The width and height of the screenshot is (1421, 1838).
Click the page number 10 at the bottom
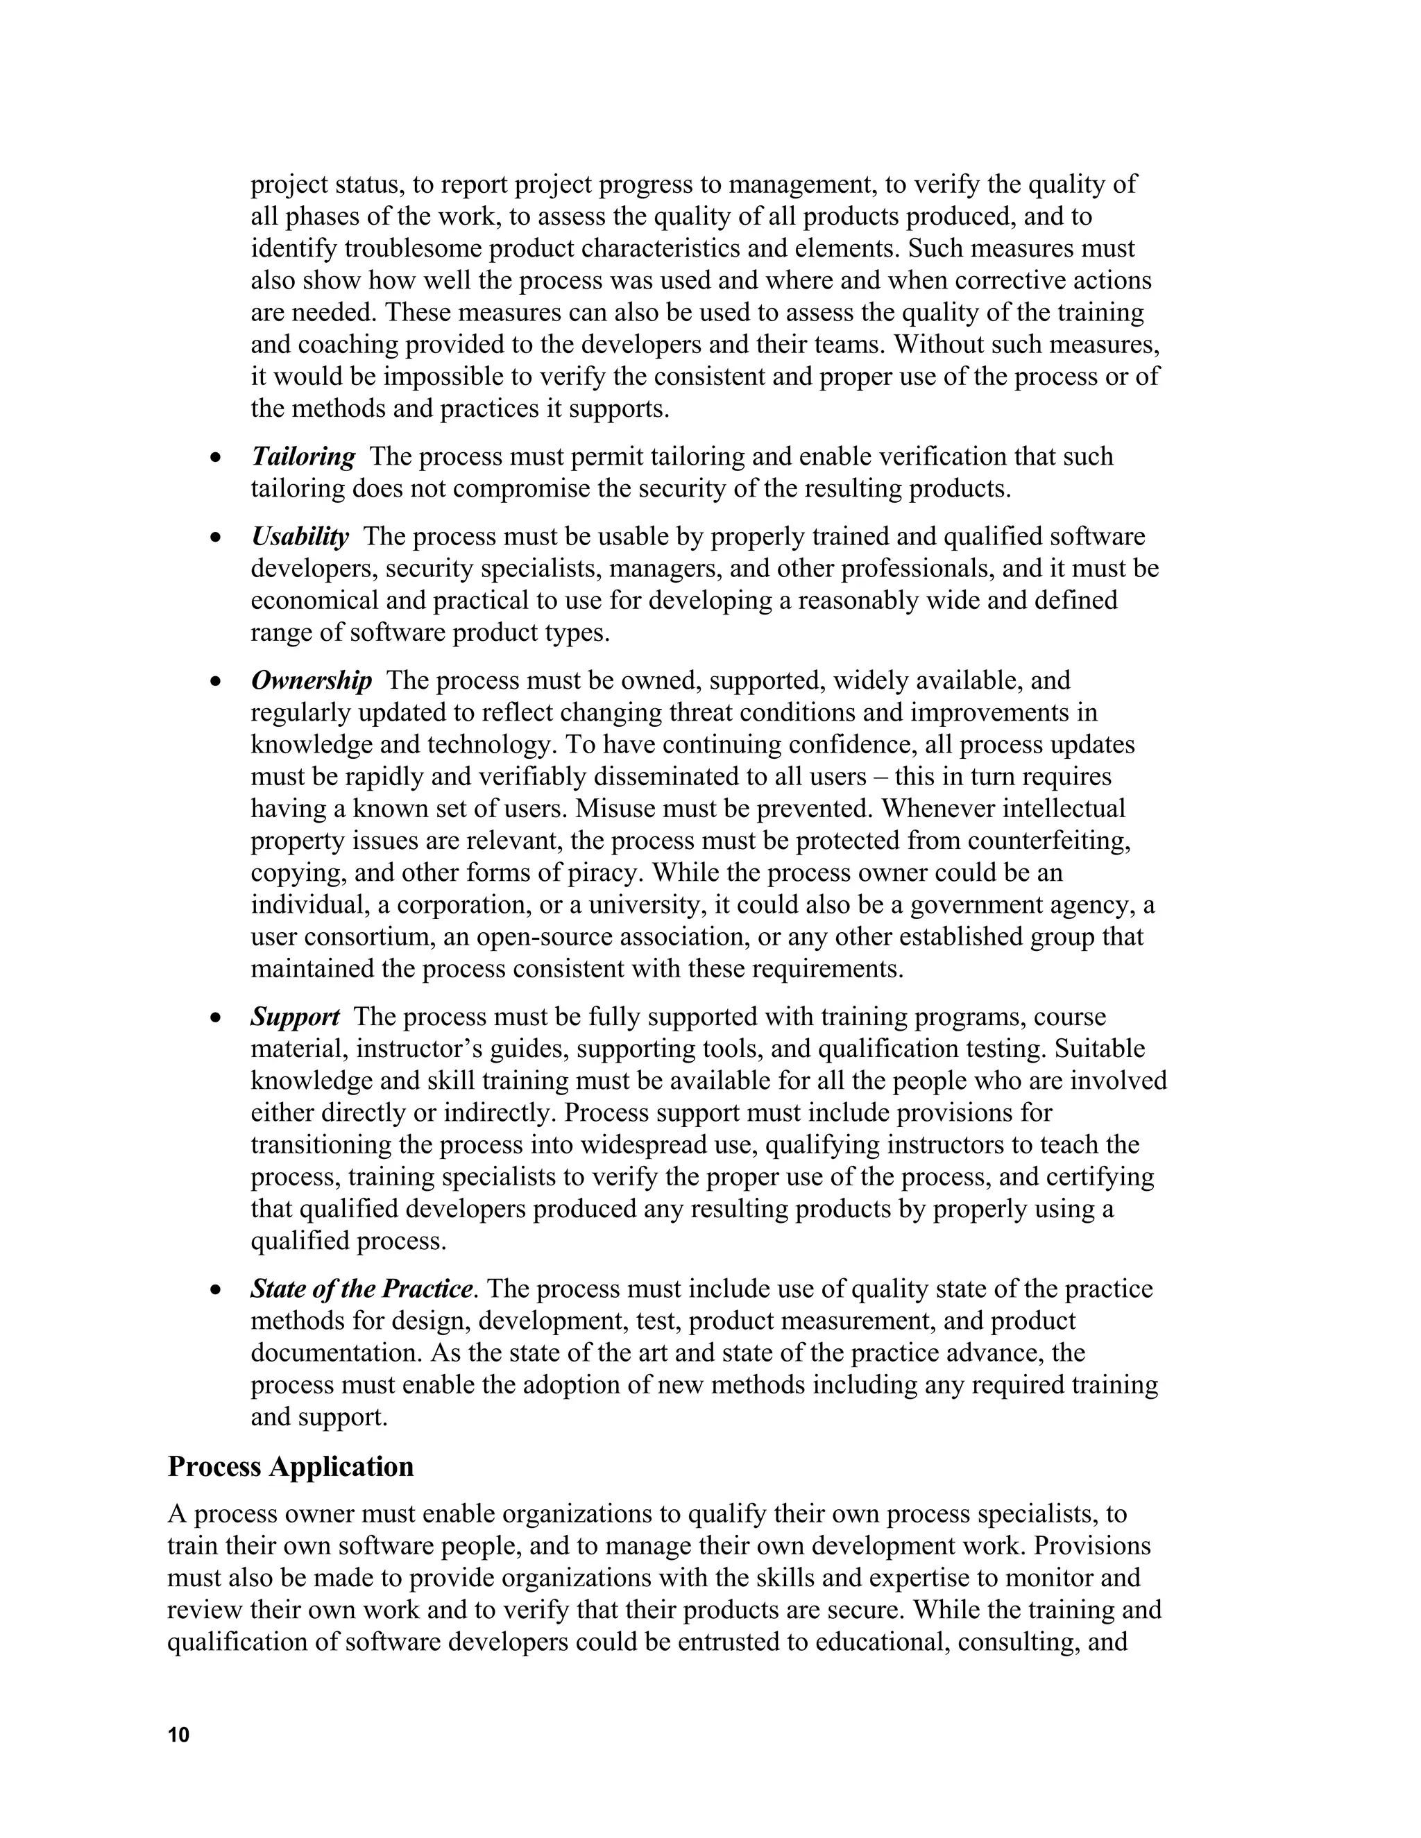(x=178, y=1735)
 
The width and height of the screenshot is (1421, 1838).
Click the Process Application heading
(x=291, y=1467)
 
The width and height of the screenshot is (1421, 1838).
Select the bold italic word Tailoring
(x=303, y=457)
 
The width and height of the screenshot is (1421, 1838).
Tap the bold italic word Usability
(x=300, y=537)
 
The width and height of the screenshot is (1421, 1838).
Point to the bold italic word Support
(x=295, y=1017)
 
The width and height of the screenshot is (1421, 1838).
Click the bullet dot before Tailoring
(x=216, y=458)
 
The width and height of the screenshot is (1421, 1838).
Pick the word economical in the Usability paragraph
(x=312, y=601)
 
